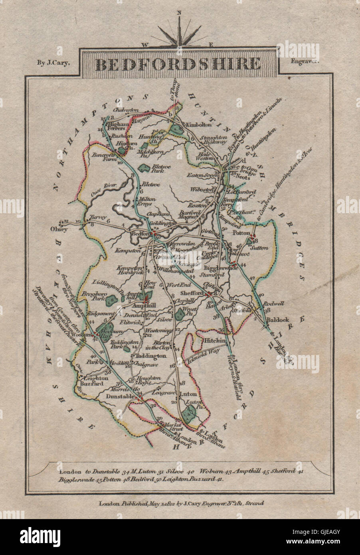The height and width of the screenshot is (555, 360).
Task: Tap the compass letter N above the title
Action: click(180, 12)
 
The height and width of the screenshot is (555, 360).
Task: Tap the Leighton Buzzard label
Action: click(94, 380)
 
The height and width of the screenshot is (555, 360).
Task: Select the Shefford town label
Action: click(192, 293)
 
